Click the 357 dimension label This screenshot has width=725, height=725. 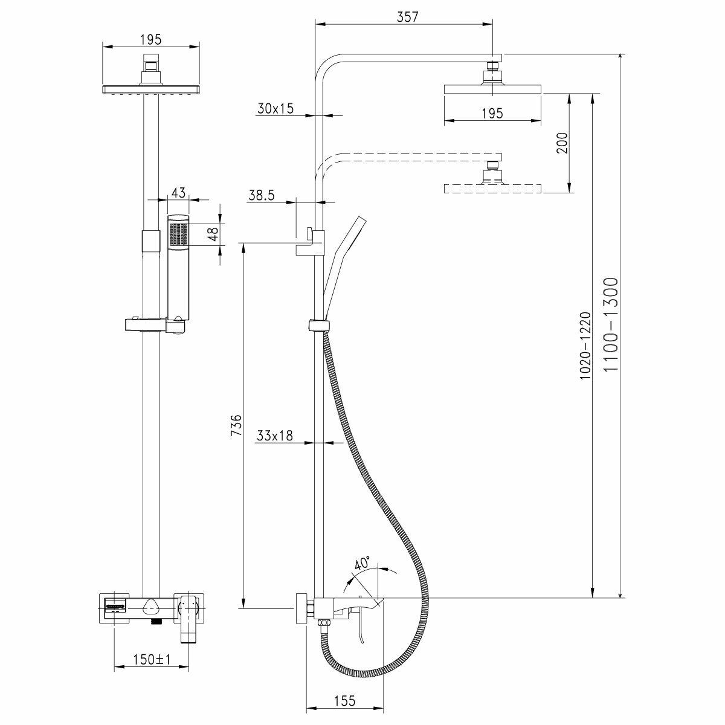(x=408, y=17)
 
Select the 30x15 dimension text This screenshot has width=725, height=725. (x=275, y=109)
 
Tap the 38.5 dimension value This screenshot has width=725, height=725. (x=262, y=195)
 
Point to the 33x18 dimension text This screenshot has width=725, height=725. (x=275, y=436)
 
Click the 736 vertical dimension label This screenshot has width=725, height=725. (x=236, y=425)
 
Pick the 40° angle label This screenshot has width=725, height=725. (x=362, y=564)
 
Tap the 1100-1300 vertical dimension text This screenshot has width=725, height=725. (x=611, y=326)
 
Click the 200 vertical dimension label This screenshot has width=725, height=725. (x=562, y=143)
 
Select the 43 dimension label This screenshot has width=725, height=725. (x=178, y=193)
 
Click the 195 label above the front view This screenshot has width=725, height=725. (x=150, y=39)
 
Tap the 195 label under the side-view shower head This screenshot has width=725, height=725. (x=492, y=113)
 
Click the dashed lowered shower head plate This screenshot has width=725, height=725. (x=492, y=188)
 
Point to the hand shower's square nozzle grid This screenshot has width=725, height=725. (x=179, y=234)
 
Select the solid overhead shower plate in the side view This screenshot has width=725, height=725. (x=492, y=89)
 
